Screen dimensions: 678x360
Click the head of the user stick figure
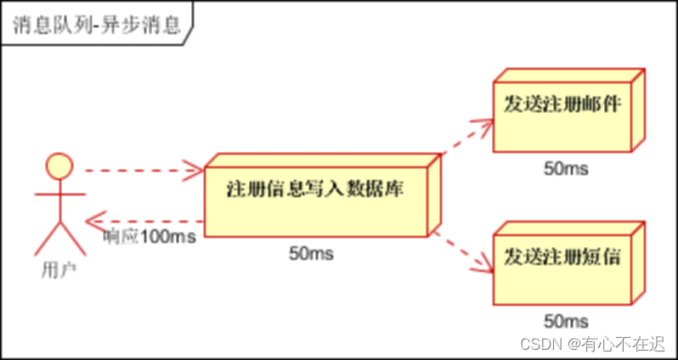(x=58, y=164)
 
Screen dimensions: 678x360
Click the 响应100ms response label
(x=150, y=236)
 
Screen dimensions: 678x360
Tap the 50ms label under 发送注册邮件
(x=566, y=167)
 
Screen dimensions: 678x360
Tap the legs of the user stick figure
(x=58, y=237)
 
